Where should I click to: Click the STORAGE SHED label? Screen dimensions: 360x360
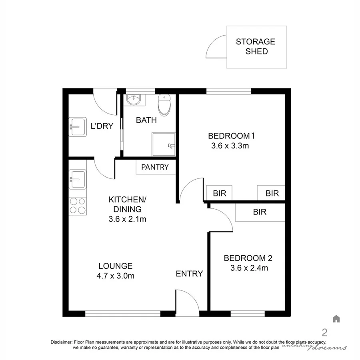pos(256,46)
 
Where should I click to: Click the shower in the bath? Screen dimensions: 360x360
pos(163,144)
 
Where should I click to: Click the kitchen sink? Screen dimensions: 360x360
pos(77,179)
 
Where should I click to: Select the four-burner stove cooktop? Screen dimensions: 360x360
pos(77,206)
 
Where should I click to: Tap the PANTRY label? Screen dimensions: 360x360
pos(155,167)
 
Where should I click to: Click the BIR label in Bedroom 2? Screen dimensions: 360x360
pos(260,212)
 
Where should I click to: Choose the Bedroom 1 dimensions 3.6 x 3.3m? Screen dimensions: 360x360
pos(230,146)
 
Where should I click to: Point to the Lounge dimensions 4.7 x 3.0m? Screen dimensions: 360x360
pos(116,276)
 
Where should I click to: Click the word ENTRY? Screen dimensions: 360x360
pos(189,274)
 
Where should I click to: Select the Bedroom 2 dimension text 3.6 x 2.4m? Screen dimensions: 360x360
pos(249,268)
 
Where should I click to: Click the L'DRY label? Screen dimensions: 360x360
pos(102,126)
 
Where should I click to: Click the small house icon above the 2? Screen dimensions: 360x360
pos(336,319)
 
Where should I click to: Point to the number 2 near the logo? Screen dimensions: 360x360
pos(324,332)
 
